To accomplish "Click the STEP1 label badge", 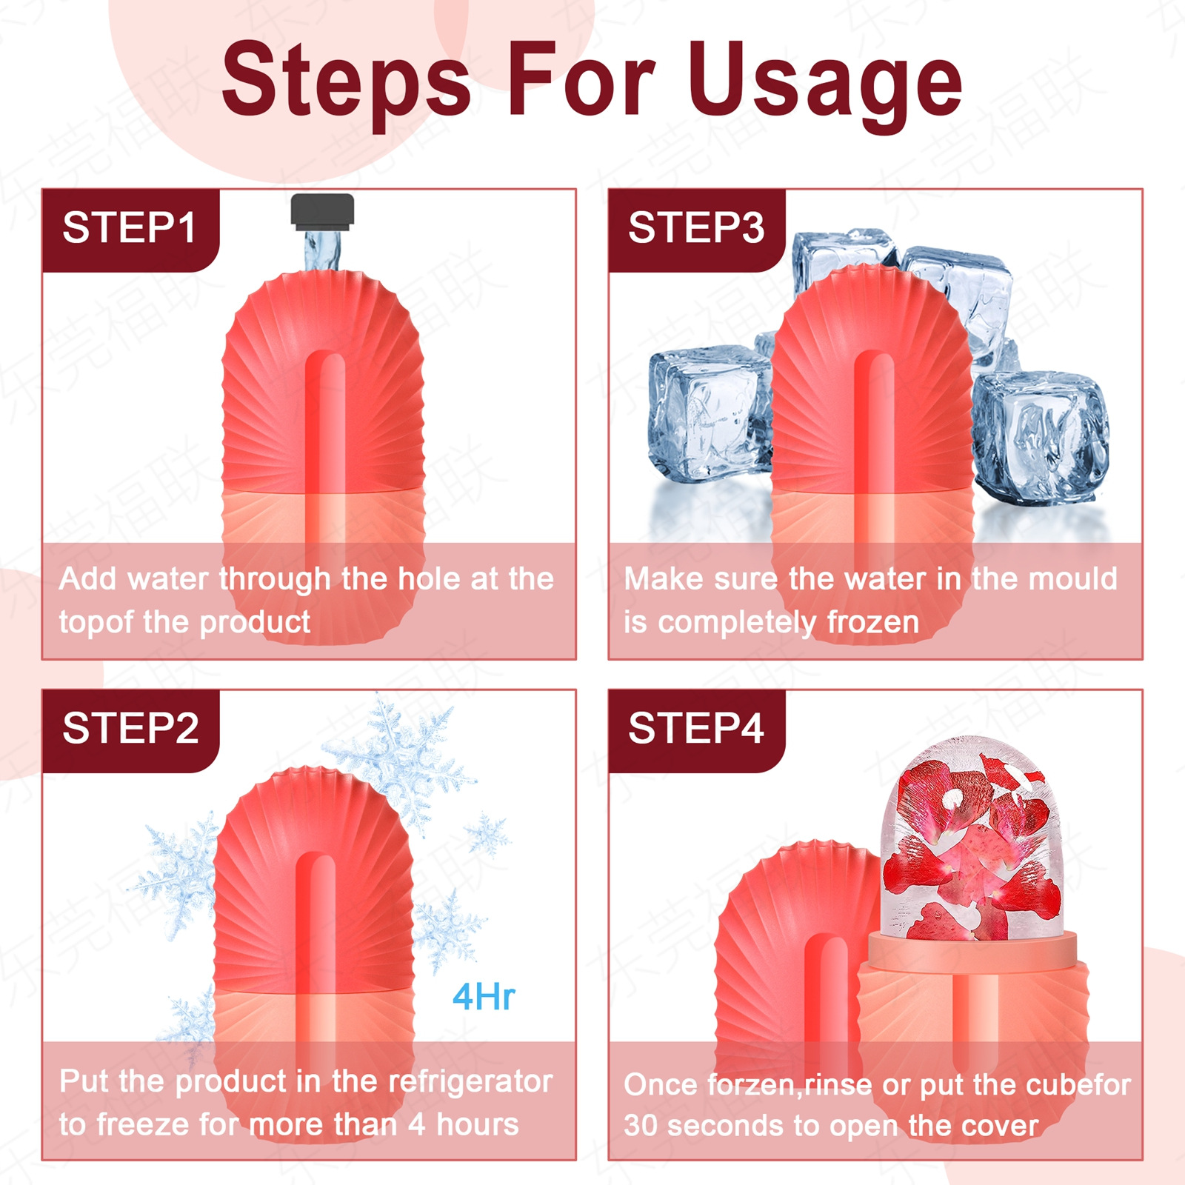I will (130, 228).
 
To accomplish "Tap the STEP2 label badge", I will (130, 729).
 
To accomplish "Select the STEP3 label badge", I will (695, 228).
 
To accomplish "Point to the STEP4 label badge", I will (695, 729).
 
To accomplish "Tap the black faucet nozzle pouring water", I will (322, 210).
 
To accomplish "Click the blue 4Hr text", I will (484, 997).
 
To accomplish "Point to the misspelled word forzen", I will (751, 1085).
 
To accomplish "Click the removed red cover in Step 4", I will (785, 955).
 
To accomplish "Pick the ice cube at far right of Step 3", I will (1041, 437).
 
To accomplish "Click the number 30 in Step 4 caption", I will (640, 1126).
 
